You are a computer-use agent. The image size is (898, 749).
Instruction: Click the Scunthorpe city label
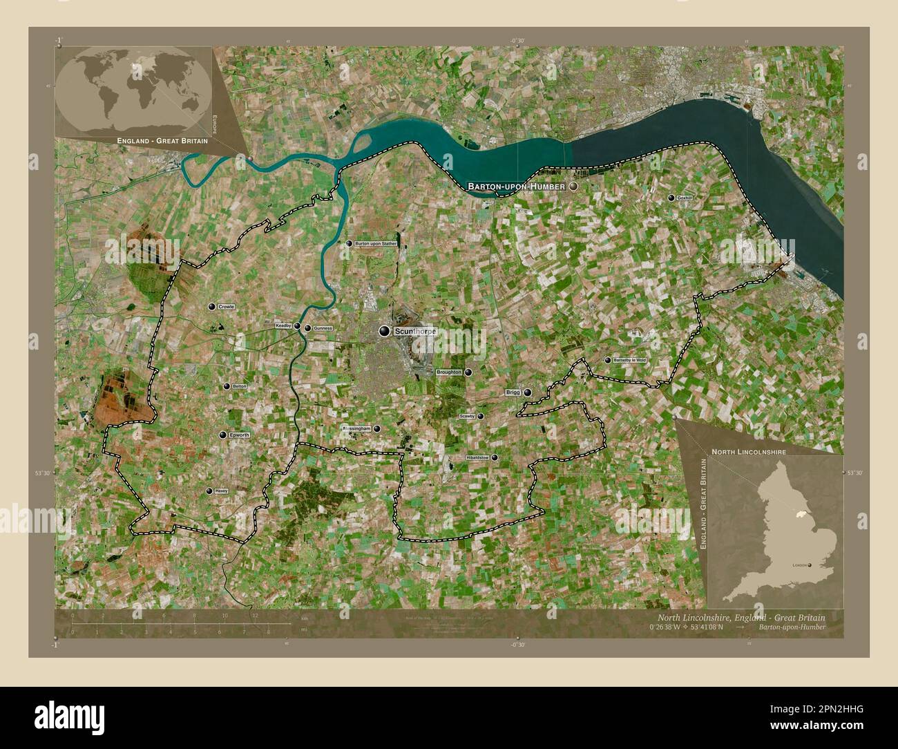(x=415, y=332)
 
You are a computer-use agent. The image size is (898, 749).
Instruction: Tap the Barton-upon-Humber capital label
(x=517, y=187)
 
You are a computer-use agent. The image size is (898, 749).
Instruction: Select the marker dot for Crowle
(x=211, y=307)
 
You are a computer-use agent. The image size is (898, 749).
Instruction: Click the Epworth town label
(x=239, y=435)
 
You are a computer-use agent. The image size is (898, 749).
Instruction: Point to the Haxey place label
(x=221, y=491)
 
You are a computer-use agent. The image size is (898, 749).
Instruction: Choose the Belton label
(x=240, y=387)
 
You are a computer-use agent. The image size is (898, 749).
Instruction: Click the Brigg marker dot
(x=528, y=392)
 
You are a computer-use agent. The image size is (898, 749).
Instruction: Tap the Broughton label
(x=449, y=372)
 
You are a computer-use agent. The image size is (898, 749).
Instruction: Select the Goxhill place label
(x=685, y=198)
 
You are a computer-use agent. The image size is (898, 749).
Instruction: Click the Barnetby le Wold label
(x=630, y=360)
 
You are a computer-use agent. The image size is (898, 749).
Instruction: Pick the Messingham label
(x=356, y=428)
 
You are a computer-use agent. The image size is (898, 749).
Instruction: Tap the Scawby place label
(x=468, y=417)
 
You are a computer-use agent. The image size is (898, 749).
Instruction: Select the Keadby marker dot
(x=297, y=326)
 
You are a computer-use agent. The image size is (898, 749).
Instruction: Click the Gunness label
(x=323, y=328)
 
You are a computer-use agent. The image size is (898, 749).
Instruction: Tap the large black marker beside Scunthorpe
(x=384, y=332)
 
